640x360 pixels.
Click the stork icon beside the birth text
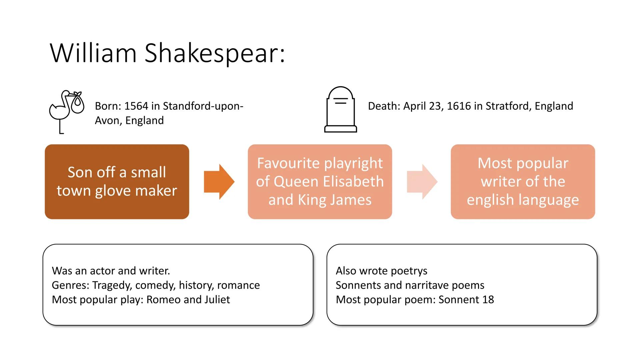coord(66,111)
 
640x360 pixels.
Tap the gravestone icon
coord(340,110)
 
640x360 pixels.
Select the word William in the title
coord(93,53)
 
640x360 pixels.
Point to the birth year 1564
coord(136,106)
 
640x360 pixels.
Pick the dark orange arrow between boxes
coord(219,182)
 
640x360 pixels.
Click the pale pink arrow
coord(422,182)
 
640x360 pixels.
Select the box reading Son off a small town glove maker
coord(117,182)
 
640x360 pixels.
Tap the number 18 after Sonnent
coord(488,300)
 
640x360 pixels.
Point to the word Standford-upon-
coord(203,106)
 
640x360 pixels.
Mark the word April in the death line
coord(414,106)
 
